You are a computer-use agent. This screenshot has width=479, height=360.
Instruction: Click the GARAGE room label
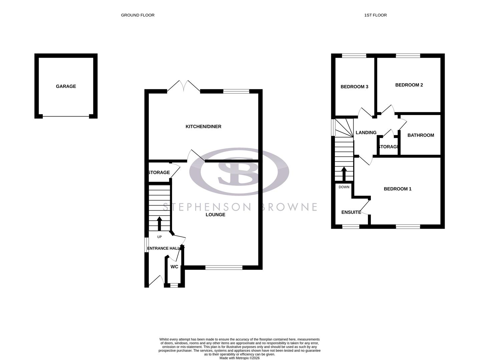click(66, 86)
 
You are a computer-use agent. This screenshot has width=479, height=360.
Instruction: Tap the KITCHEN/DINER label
click(203, 127)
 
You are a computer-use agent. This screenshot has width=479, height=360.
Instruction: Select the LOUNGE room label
click(215, 215)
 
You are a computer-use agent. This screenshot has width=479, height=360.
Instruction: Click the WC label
click(174, 267)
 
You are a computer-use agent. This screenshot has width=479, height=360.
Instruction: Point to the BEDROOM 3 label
click(354, 87)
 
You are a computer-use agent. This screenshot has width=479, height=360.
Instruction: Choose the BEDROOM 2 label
click(409, 85)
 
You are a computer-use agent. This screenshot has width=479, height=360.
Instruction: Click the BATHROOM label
click(421, 135)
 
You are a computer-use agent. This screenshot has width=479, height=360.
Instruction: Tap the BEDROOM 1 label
click(397, 189)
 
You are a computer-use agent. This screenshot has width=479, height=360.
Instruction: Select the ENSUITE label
click(351, 212)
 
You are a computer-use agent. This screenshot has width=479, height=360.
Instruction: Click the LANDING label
click(366, 133)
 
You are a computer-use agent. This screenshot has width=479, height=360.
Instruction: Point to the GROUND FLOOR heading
click(137, 15)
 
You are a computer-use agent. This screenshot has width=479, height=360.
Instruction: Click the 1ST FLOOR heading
click(376, 15)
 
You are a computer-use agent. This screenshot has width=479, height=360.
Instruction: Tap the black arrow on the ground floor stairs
click(159, 223)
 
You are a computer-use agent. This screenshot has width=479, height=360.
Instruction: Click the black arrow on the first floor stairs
click(344, 173)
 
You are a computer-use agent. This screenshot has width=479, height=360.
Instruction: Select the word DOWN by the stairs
click(344, 187)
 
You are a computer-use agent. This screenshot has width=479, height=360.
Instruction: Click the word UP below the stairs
click(159, 237)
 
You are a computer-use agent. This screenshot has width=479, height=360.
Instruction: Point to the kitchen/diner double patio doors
click(183, 86)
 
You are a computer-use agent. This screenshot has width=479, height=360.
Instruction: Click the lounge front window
click(224, 267)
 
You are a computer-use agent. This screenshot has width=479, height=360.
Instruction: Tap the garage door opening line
click(66, 116)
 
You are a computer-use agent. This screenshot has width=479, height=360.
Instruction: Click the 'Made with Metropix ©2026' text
click(239, 358)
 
